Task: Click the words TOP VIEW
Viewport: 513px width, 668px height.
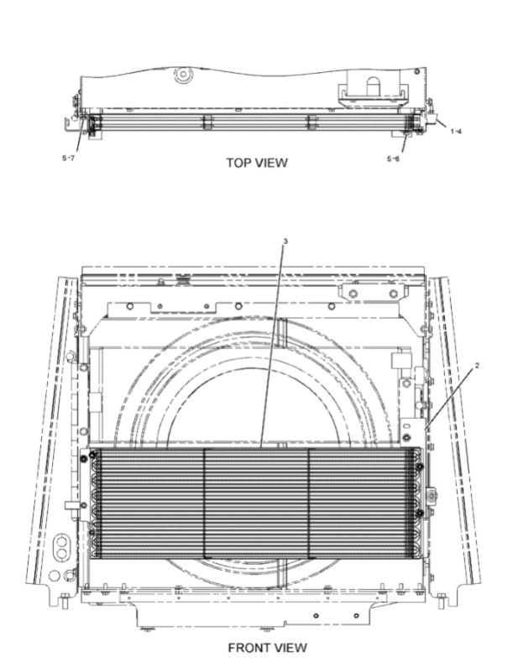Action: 256,162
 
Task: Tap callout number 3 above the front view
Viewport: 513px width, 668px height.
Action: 285,241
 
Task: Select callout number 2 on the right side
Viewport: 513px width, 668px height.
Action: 454,366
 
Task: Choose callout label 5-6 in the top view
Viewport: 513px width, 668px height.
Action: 392,158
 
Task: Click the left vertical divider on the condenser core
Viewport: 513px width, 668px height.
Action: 204,504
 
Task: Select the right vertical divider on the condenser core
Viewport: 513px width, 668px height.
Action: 309,504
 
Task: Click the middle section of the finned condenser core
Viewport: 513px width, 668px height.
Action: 256,504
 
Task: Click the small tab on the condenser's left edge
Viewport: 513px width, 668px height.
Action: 73,505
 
